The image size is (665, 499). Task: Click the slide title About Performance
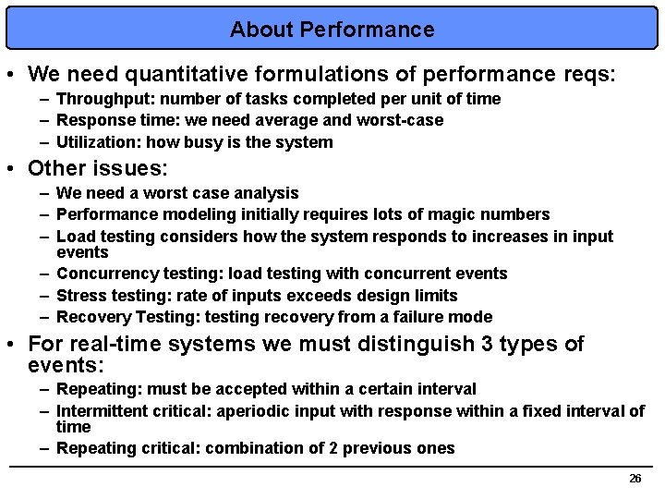click(x=332, y=30)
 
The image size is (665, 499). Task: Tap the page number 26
click(x=635, y=479)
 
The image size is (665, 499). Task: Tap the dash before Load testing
click(x=44, y=237)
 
